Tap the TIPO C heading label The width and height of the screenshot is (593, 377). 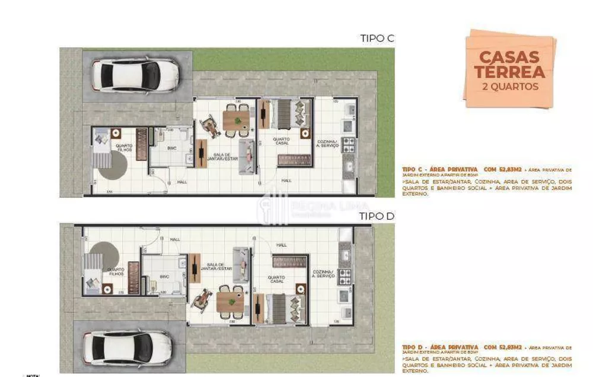377,39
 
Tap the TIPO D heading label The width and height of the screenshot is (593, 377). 377,216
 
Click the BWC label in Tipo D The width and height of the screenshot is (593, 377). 165,275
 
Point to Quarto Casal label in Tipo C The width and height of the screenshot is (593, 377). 281,142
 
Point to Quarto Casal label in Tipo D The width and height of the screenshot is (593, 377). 276,278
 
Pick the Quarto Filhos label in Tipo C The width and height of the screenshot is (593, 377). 124,148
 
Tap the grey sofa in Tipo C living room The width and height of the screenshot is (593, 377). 244,157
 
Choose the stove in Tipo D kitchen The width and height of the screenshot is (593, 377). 345,275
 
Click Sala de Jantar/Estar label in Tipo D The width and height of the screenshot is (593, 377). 215,267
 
